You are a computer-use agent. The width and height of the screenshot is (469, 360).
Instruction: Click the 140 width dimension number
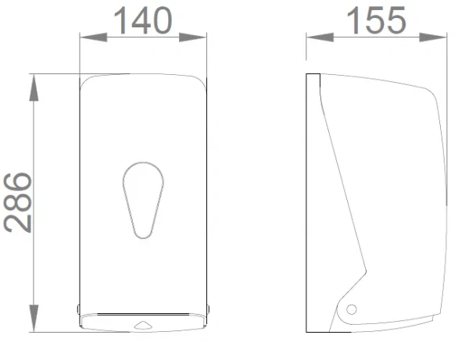point(143,20)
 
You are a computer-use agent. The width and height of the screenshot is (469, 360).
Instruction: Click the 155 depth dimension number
point(376,20)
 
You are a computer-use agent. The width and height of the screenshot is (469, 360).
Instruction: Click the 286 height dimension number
point(18,202)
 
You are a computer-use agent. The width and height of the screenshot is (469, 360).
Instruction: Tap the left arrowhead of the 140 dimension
point(94,37)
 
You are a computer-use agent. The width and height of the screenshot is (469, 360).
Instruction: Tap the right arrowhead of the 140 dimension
point(192,37)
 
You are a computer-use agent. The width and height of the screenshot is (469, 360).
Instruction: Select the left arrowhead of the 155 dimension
point(320,37)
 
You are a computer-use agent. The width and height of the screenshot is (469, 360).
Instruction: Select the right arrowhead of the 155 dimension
point(433,37)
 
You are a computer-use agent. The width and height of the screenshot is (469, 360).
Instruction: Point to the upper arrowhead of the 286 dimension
point(34,87)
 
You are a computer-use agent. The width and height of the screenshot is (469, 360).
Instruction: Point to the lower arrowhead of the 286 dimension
point(34,318)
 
